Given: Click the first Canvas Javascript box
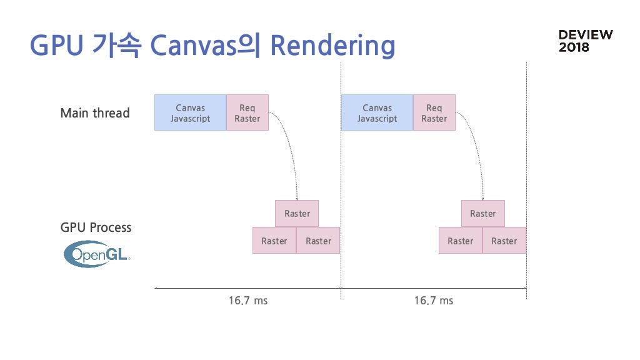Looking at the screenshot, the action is pyautogui.click(x=190, y=112).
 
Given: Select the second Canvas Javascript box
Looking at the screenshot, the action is pyautogui.click(x=377, y=112).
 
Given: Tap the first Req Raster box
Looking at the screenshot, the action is pyautogui.click(x=247, y=112).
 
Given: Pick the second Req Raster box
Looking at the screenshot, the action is pyautogui.click(x=434, y=112).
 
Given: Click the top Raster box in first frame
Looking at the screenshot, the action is pyautogui.click(x=297, y=214).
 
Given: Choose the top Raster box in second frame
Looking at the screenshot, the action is pyautogui.click(x=483, y=214).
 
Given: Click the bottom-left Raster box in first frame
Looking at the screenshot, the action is pyautogui.click(x=274, y=241).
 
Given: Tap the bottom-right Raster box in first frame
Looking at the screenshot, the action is pyautogui.click(x=318, y=241).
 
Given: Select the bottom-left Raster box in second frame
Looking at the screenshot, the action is pyautogui.click(x=461, y=241).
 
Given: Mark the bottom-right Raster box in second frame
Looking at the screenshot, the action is pyautogui.click(x=504, y=241).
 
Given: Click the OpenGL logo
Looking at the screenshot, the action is pyautogui.click(x=97, y=254).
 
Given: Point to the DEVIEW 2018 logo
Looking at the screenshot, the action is pyautogui.click(x=586, y=41).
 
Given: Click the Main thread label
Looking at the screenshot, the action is pyautogui.click(x=95, y=113).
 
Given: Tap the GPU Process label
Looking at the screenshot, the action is pyautogui.click(x=96, y=227).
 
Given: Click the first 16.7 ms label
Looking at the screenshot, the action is pyautogui.click(x=247, y=301).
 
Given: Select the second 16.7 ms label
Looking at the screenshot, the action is pyautogui.click(x=434, y=301).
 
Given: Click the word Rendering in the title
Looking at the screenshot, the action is pyautogui.click(x=332, y=46).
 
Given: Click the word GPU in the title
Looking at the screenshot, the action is pyautogui.click(x=57, y=45).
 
